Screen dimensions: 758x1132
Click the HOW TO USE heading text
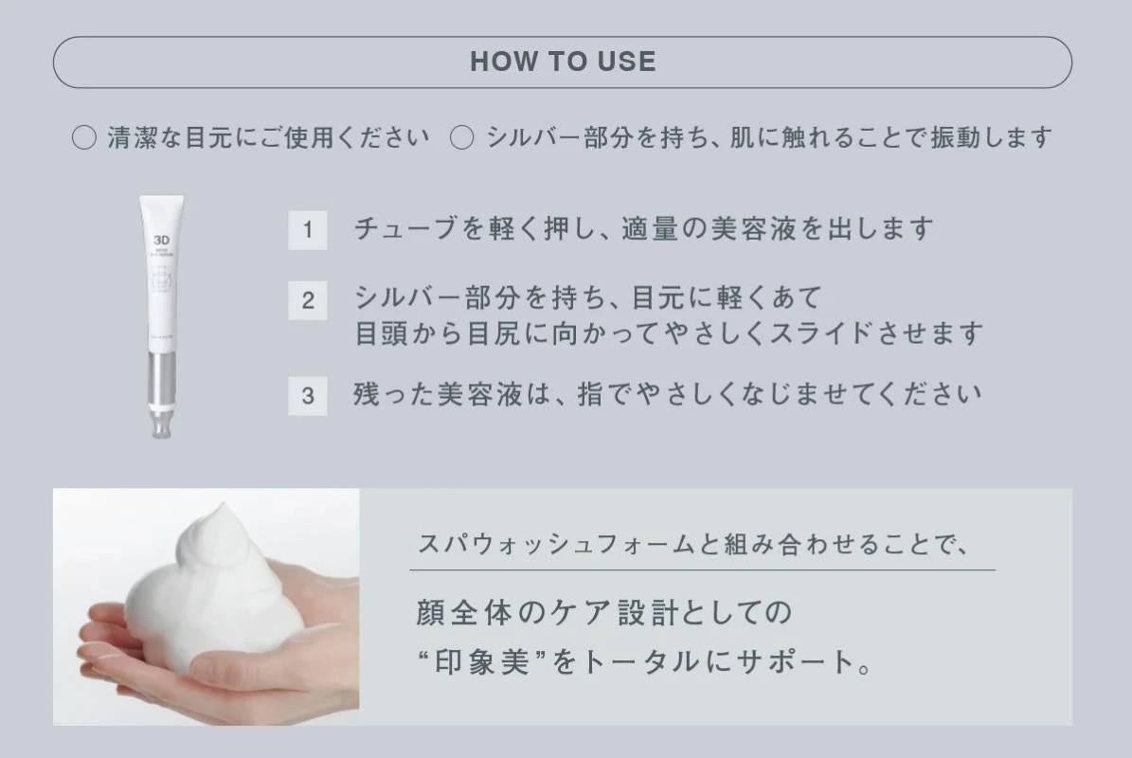click(563, 63)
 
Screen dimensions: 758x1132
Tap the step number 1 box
click(308, 230)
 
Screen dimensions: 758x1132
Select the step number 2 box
click(308, 300)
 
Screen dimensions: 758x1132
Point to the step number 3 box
click(308, 395)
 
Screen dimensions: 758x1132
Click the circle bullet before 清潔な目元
click(84, 138)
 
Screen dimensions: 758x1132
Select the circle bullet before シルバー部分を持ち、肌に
click(461, 138)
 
